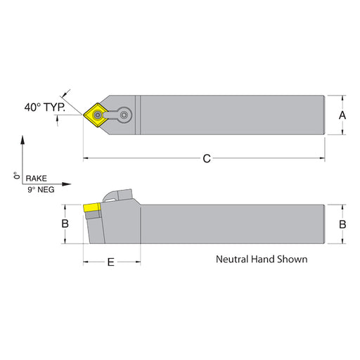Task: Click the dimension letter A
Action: point(342,115)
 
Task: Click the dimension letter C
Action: point(207,159)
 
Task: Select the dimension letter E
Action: point(110,262)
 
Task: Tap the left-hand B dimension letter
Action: point(65,224)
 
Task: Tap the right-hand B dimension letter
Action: point(342,224)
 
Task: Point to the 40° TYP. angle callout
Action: point(45,108)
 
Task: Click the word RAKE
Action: point(36,179)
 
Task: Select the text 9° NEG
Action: point(41,189)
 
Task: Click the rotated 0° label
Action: point(17,175)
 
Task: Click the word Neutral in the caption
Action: point(232,259)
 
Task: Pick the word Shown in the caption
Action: point(292,259)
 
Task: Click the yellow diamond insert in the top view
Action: point(96,115)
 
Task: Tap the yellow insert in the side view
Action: point(91,207)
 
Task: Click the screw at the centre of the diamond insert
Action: point(97,115)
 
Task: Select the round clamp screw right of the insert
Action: point(124,115)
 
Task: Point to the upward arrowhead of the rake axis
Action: point(22,139)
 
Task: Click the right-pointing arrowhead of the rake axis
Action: point(66,184)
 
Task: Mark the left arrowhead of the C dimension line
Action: point(86,158)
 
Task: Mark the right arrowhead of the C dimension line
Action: point(322,158)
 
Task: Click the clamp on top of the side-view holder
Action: point(117,195)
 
